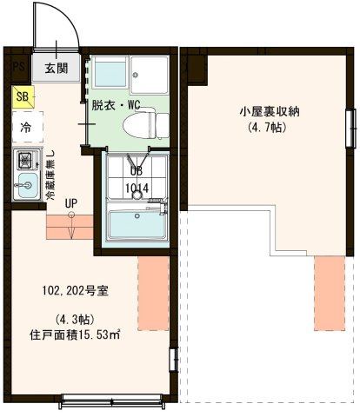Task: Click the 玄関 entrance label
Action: pos(57,68)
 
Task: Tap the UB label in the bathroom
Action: pos(137,172)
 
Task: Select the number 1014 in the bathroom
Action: pos(137,187)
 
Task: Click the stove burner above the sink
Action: pos(24,160)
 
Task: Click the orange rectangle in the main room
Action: pos(151,291)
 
